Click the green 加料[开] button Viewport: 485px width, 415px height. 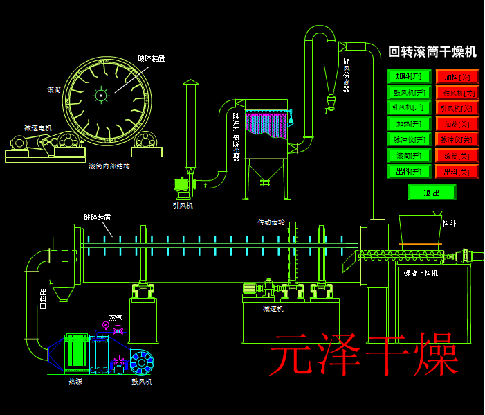409,76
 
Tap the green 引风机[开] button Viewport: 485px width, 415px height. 409,107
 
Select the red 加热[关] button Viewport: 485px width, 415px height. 457,124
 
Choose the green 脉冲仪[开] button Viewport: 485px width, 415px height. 409,139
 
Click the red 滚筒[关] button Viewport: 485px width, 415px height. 457,156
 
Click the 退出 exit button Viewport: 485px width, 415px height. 432,193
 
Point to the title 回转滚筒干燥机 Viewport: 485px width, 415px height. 432,52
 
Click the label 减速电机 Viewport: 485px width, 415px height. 38,128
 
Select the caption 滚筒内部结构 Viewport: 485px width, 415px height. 109,166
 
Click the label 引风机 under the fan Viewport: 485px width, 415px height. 183,205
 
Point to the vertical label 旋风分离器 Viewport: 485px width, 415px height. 347,75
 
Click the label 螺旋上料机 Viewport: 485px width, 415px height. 421,273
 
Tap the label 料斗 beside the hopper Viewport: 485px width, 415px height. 449,223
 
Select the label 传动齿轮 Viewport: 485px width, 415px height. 271,222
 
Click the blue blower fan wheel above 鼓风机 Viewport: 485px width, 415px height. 142,362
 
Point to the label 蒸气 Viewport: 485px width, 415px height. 116,317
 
